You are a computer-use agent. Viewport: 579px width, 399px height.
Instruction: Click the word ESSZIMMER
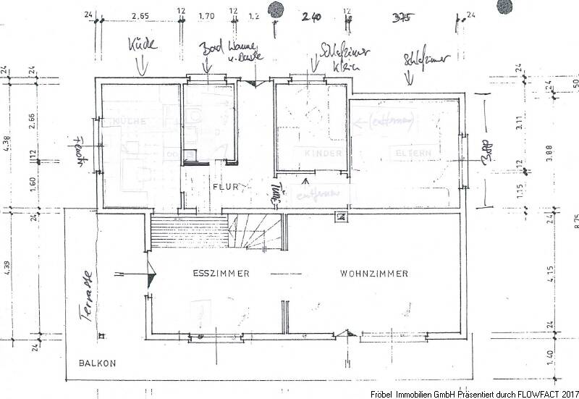tap(221, 274)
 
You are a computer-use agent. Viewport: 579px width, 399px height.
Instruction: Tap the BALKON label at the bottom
tap(97, 364)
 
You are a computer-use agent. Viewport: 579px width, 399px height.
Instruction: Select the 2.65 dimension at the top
tap(140, 14)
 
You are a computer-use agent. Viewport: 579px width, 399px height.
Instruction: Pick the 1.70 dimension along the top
tap(206, 14)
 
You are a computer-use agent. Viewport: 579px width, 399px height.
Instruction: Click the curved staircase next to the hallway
tap(254, 231)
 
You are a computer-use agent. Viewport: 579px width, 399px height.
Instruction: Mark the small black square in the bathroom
tap(189, 154)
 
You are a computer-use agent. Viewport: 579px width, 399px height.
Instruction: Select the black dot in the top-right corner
tap(502, 6)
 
